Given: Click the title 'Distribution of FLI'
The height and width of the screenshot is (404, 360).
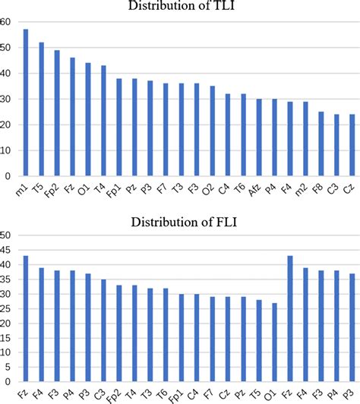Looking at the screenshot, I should click(181, 221).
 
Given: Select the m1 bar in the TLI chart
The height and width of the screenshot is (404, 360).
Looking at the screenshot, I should click(26, 102).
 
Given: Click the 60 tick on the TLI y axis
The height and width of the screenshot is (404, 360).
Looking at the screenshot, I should click(5, 22).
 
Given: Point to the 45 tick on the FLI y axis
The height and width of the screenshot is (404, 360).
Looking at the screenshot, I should click(5, 251).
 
